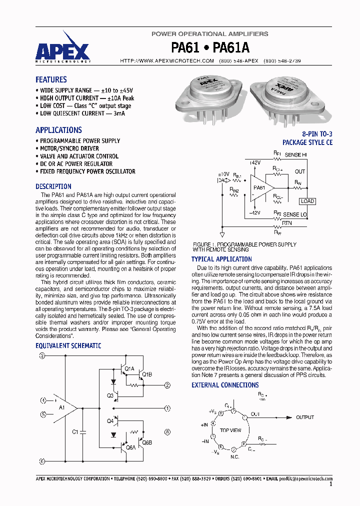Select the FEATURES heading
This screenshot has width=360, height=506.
tap(51, 79)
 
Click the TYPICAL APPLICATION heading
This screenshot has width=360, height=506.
tap(221, 259)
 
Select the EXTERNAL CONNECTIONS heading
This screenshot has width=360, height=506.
tap(225, 385)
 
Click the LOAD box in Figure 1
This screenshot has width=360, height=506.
tap(307, 201)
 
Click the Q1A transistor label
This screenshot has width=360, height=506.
tap(129, 369)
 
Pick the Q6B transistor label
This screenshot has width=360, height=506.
tap(146, 442)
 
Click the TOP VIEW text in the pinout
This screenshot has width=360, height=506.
tap(230, 430)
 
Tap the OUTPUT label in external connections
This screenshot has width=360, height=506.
tap(305, 417)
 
